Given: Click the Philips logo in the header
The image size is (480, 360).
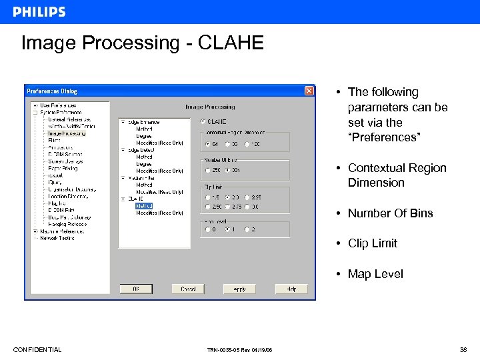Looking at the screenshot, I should tap(39, 12).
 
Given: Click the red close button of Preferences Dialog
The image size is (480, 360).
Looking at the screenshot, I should tap(309, 91).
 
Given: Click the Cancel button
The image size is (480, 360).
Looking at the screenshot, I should tap(188, 289).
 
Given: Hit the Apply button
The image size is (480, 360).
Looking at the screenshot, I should tap(239, 289).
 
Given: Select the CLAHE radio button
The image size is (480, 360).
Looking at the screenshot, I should tap(203, 121).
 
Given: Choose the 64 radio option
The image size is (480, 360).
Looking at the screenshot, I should tap(207, 143).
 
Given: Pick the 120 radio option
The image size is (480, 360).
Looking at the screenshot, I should tap(247, 143).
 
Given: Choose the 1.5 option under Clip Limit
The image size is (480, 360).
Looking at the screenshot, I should tap(207, 197).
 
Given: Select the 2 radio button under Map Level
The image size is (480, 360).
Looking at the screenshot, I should tap(247, 229).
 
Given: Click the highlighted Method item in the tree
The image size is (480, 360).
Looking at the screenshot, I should tap(144, 206).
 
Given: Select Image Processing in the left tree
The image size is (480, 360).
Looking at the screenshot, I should tap(67, 133).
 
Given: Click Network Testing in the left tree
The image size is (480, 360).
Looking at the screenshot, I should tap(57, 237).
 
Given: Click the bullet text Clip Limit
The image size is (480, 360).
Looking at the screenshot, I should tap(372, 243).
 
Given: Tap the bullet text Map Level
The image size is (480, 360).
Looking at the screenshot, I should tap(375, 274).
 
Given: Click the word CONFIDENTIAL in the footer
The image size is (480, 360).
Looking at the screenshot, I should tap(37, 350).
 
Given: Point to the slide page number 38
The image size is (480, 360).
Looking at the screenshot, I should tap(463, 350).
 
